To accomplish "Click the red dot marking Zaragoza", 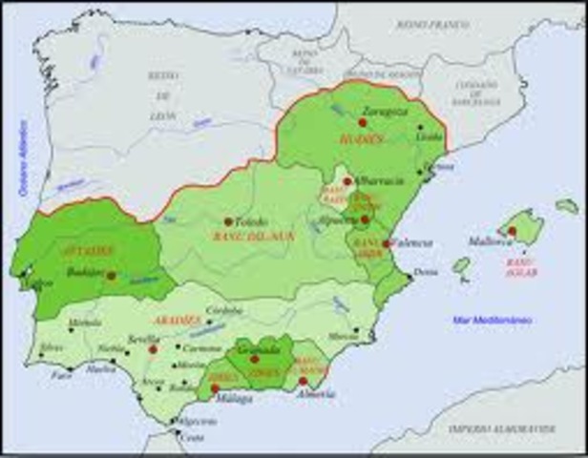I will pyautogui.click(x=363, y=122).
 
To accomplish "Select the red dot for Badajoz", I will pyautogui.click(x=112, y=275).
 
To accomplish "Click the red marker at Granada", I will pyautogui.click(x=254, y=359).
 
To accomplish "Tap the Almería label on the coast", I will pyautogui.click(x=316, y=393).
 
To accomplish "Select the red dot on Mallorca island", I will pyautogui.click(x=512, y=231).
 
